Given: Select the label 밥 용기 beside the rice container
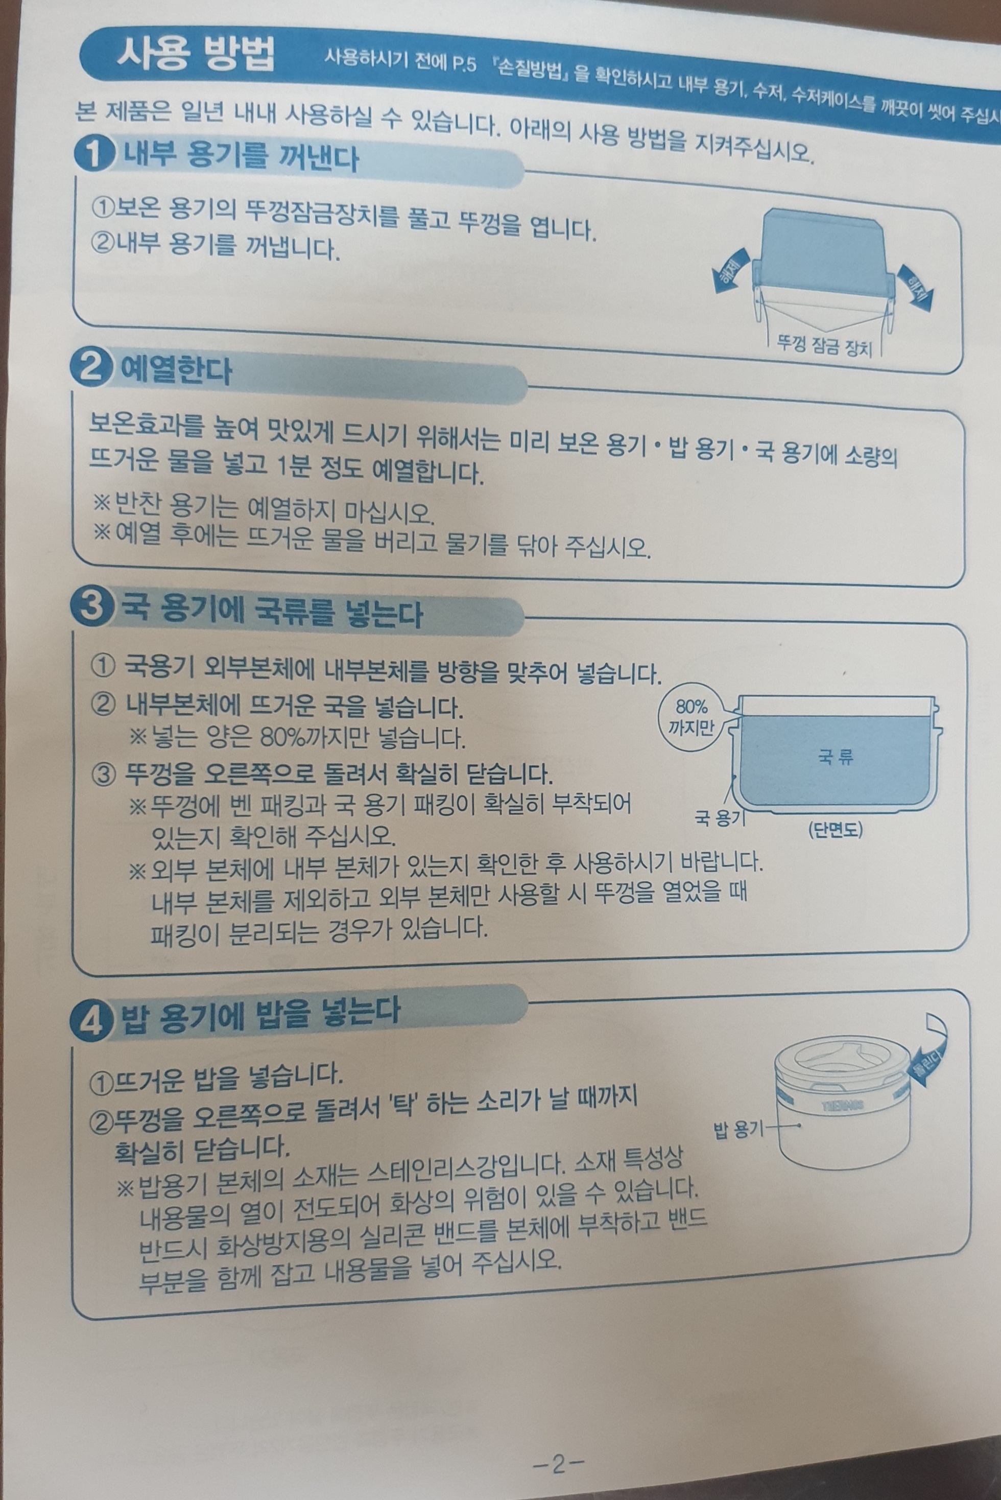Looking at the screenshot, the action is pos(738,1132).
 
